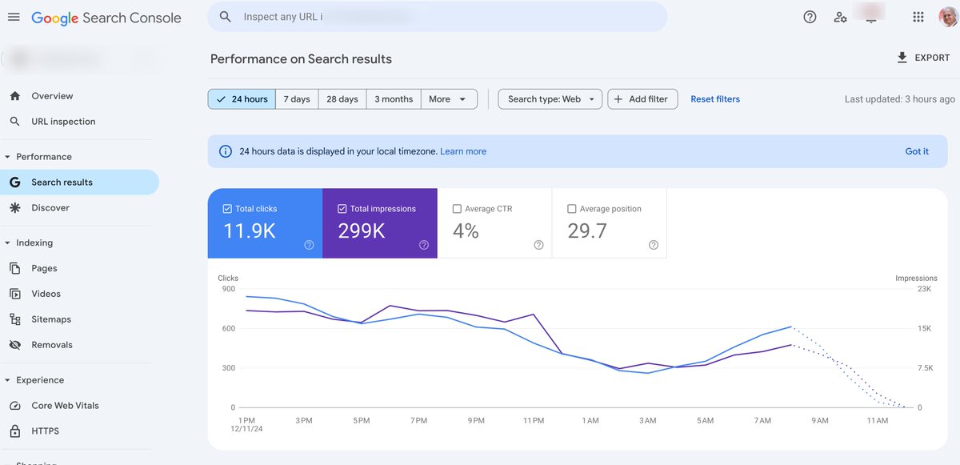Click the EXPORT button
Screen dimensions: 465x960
click(923, 58)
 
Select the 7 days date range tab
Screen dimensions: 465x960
click(296, 99)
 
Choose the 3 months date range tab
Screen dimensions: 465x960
click(394, 99)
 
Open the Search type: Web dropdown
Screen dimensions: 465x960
click(550, 99)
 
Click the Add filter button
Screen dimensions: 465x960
click(642, 99)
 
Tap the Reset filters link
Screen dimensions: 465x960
click(715, 99)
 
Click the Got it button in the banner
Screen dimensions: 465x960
click(917, 151)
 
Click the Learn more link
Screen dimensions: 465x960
click(463, 151)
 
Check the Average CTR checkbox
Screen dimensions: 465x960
click(457, 209)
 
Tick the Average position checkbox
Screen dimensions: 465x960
click(571, 209)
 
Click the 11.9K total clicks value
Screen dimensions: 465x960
click(250, 230)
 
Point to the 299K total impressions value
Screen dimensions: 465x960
click(362, 230)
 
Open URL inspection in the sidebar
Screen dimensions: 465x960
click(63, 122)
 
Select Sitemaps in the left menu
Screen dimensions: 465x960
click(51, 319)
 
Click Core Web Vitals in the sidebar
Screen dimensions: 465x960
click(65, 406)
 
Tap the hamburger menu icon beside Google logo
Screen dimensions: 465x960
click(14, 17)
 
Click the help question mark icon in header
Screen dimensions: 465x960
click(810, 17)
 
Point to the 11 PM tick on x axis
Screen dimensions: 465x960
click(533, 420)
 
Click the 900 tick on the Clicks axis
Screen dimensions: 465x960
click(228, 289)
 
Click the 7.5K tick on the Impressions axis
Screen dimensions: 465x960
click(924, 368)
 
